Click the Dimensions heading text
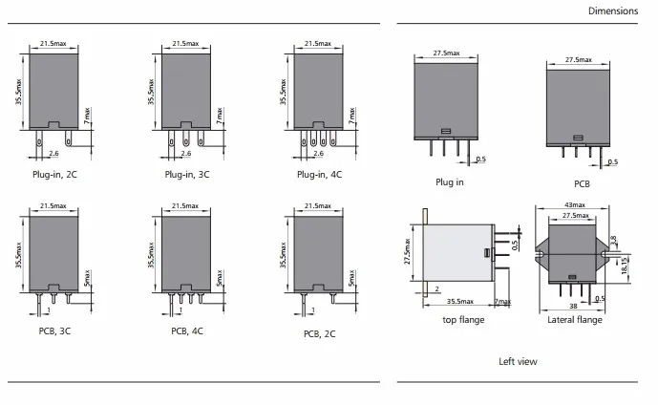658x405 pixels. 613,11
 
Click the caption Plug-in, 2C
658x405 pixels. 55,174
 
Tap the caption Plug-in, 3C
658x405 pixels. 187,174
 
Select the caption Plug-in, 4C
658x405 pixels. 319,174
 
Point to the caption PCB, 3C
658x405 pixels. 55,331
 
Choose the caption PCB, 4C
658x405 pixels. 187,331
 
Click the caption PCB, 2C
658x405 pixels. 319,333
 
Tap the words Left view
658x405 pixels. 518,361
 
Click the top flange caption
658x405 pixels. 464,320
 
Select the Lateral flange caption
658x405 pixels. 575,320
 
